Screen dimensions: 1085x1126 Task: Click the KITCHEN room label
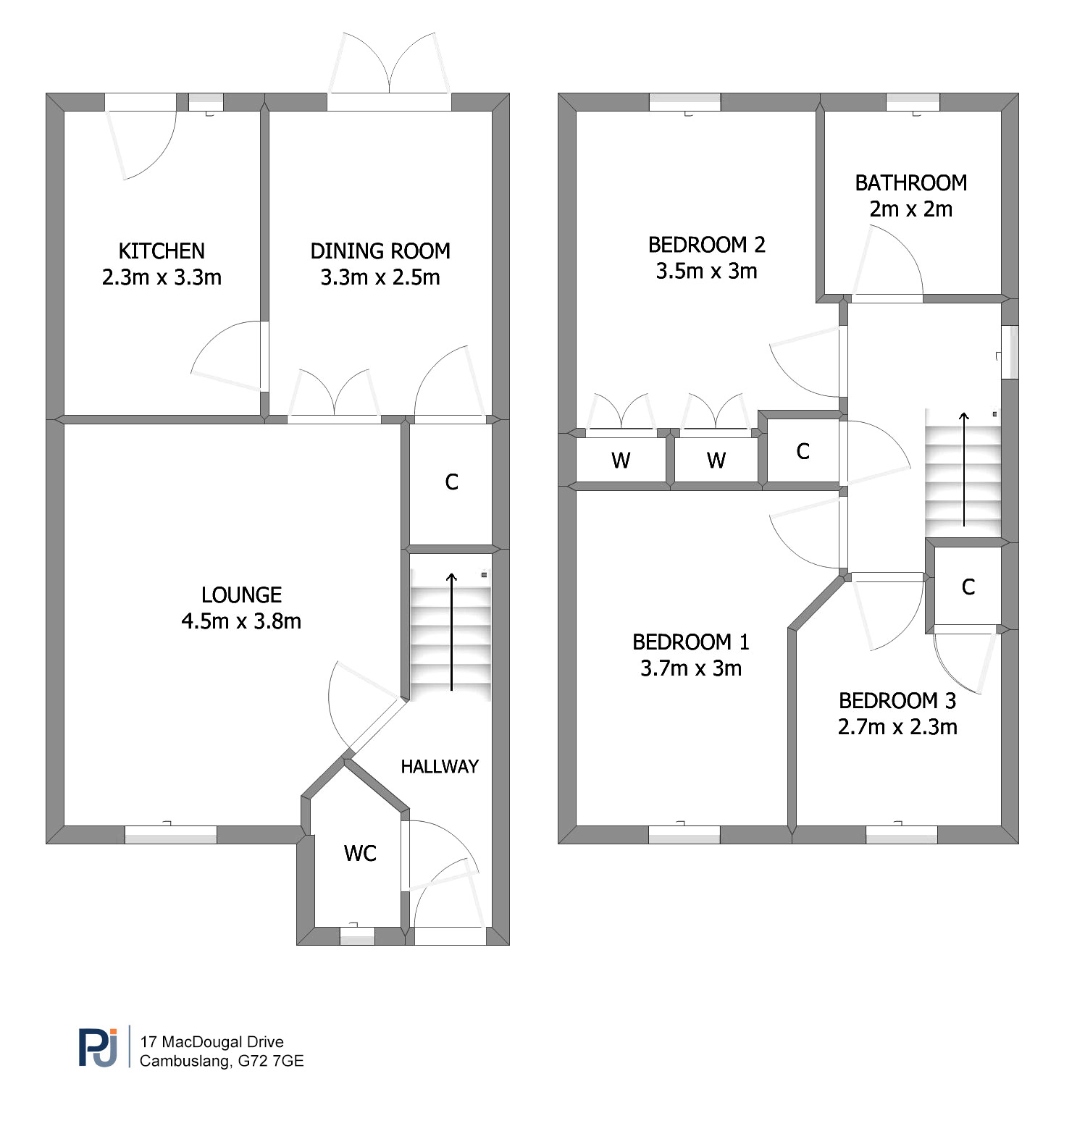162,251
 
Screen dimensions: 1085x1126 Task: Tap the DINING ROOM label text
380,251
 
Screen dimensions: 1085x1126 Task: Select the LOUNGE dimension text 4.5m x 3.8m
241,621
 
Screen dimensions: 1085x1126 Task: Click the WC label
360,853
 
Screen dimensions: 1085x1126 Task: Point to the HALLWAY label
440,766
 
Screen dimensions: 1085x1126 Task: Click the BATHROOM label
911,182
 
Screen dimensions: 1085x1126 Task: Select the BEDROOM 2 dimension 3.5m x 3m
706,271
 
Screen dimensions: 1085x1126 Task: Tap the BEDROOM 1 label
691,642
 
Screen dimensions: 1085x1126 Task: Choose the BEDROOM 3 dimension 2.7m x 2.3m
897,726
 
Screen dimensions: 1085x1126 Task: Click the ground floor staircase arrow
451,631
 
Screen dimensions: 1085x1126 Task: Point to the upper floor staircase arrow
964,469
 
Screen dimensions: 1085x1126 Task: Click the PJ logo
98,1047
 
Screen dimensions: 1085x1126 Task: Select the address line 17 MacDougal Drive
211,1042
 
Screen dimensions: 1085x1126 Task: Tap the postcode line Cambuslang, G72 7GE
222,1061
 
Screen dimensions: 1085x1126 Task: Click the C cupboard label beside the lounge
451,482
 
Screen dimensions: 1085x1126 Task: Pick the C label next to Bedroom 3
968,587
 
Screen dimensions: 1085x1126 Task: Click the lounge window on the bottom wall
171,834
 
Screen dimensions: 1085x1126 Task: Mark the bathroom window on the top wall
913,102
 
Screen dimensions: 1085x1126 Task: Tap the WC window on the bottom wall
357,936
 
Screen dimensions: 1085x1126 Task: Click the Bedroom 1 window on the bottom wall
684,834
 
